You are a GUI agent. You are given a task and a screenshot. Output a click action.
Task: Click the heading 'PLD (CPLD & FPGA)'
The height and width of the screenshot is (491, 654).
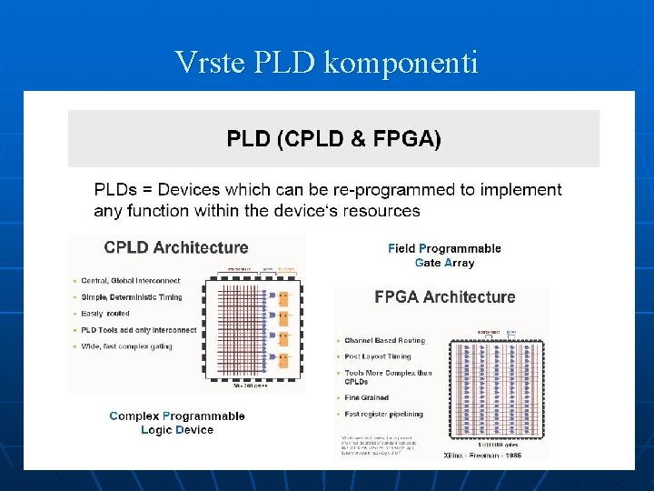point(333,139)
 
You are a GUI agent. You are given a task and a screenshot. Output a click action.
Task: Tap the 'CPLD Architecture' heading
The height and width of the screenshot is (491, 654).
point(176,247)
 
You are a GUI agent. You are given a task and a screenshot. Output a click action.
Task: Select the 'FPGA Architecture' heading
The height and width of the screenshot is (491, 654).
point(445,297)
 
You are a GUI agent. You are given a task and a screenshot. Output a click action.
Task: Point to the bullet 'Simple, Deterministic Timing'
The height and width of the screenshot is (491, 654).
point(132,297)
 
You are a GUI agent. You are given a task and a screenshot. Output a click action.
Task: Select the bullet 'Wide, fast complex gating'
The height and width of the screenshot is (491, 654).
point(127,346)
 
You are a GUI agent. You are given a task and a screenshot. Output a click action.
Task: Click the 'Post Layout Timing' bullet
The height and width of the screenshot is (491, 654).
point(378,356)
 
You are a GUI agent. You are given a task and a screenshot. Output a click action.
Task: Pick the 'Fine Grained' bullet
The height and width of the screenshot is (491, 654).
point(366,397)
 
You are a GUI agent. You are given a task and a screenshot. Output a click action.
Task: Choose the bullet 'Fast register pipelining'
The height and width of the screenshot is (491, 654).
point(383,415)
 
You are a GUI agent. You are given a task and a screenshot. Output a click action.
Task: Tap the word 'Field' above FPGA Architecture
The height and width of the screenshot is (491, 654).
point(401,248)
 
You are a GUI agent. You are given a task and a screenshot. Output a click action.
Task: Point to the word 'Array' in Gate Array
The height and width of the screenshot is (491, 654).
point(459,263)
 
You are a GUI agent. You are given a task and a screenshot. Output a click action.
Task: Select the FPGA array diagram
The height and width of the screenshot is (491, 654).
point(494,391)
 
